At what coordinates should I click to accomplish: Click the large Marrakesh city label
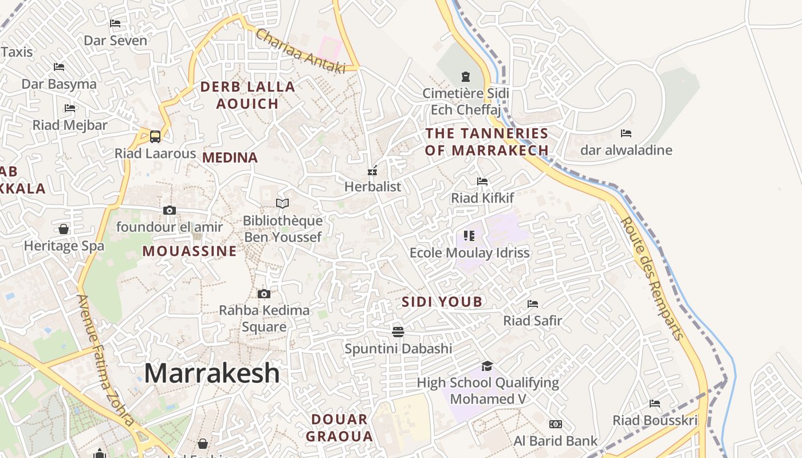coord(211,373)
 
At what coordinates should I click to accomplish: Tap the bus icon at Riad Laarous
coord(155,137)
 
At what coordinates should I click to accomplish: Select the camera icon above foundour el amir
coord(169,210)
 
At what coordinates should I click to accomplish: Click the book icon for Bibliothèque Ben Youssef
coord(282,203)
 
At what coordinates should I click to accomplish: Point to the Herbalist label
coord(372,187)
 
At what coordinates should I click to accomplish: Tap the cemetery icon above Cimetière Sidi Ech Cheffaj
coord(465,76)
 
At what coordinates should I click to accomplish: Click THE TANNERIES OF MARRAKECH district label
coord(487,142)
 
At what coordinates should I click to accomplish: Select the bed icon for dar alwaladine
coord(626,133)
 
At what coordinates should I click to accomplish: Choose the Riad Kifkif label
coord(482,198)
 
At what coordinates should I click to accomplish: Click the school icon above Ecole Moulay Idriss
coord(469,235)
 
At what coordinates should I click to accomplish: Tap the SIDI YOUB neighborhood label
coord(442,302)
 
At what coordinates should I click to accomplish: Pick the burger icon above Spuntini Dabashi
coord(398,331)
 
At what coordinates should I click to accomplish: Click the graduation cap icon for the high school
coord(487,366)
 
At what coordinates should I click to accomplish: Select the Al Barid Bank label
coord(555,441)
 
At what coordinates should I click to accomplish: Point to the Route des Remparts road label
coord(652,279)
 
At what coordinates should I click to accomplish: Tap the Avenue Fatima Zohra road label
coord(105,361)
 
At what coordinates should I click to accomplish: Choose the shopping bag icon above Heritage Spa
coord(64,229)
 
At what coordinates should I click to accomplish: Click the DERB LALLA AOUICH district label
coord(247,95)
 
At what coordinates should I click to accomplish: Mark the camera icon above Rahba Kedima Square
coord(264,294)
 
